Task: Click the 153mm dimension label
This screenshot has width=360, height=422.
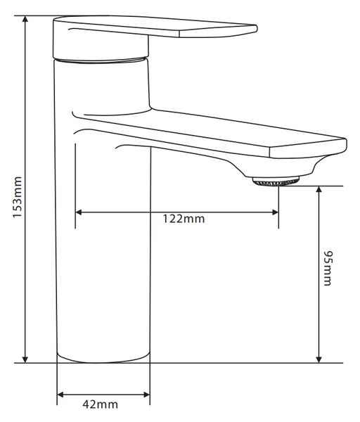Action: (18, 197)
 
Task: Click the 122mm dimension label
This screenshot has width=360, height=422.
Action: (184, 219)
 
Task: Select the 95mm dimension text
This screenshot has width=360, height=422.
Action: (328, 268)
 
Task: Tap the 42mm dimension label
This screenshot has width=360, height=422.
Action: (101, 404)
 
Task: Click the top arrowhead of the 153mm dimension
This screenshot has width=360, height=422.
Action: (25, 19)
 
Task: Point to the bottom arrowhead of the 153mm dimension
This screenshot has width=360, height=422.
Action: (25, 359)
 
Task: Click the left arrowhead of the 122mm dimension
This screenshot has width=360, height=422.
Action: (79, 212)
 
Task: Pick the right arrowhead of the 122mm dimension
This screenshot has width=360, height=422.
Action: (275, 212)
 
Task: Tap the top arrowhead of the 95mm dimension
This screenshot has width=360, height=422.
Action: (319, 189)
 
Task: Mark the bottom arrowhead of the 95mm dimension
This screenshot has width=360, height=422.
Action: (319, 359)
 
